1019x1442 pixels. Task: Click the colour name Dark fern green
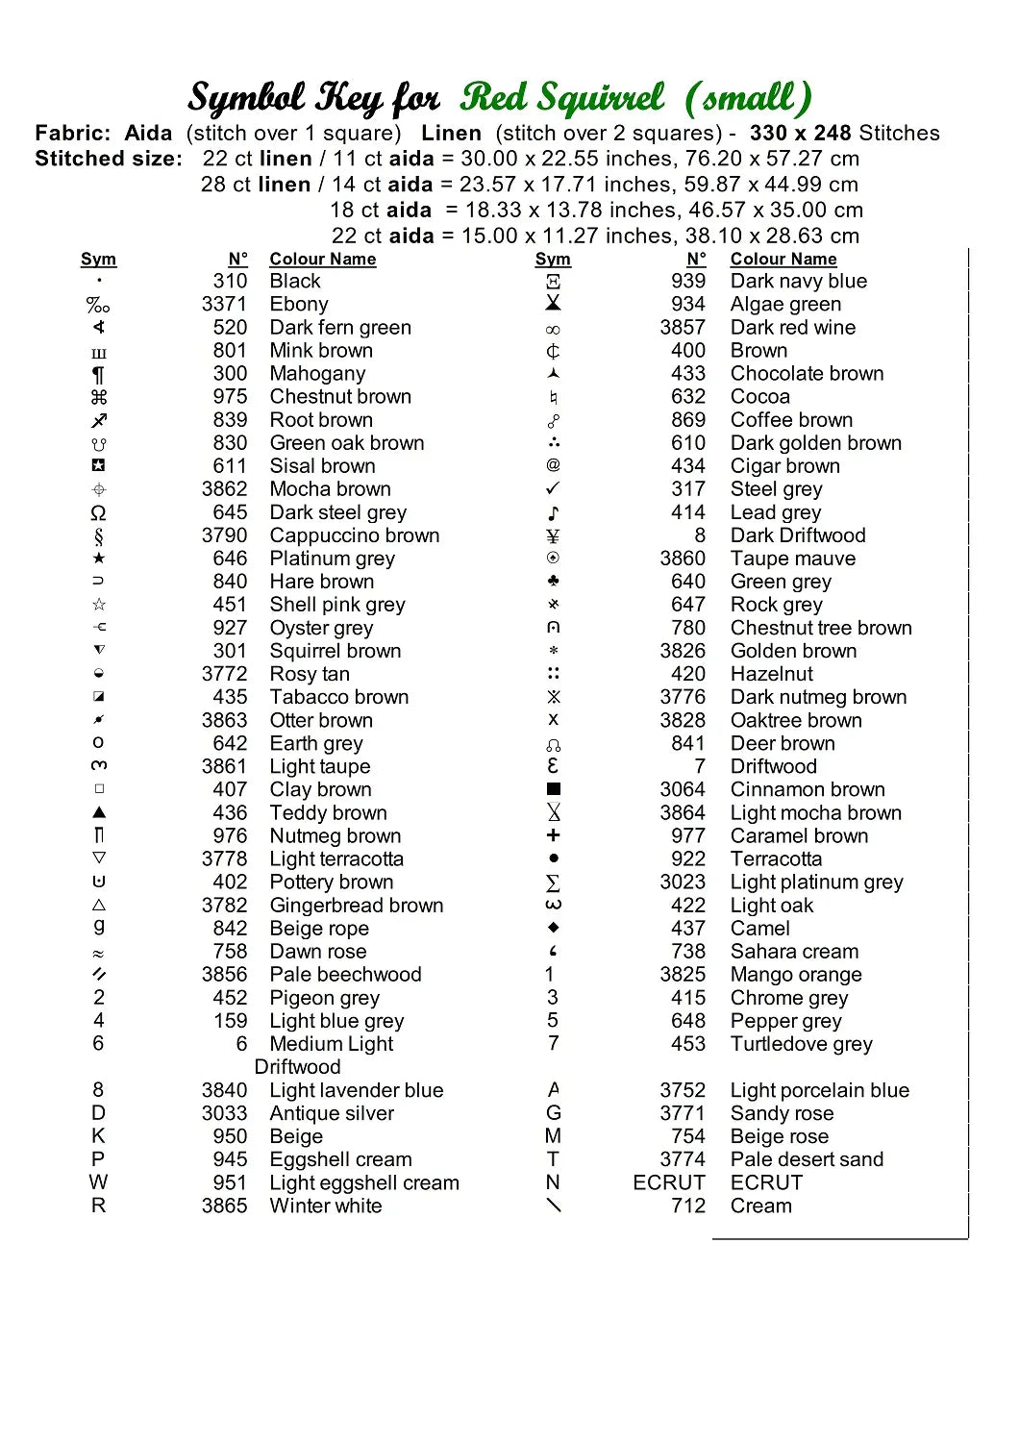tap(340, 328)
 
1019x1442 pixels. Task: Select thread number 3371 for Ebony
tap(224, 305)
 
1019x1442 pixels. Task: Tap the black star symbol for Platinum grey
tap(98, 559)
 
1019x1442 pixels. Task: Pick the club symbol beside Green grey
tap(553, 582)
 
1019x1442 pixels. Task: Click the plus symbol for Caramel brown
tap(553, 835)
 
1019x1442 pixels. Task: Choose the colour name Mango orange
tap(796, 975)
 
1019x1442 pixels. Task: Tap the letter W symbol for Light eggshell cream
tap(98, 1182)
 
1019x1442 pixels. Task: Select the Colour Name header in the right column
tap(783, 260)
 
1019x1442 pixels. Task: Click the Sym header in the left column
tap(98, 260)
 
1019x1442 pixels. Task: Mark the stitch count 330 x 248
tap(801, 134)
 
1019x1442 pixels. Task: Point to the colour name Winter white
tap(326, 1206)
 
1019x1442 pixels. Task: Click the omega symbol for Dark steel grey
tap(98, 512)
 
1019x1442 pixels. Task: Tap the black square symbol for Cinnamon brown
tap(553, 789)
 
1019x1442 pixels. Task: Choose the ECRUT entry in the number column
tap(669, 1182)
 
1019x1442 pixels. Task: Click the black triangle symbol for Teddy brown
tap(98, 812)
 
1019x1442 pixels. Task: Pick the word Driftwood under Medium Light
tap(298, 1067)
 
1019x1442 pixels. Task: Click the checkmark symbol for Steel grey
tap(553, 489)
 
